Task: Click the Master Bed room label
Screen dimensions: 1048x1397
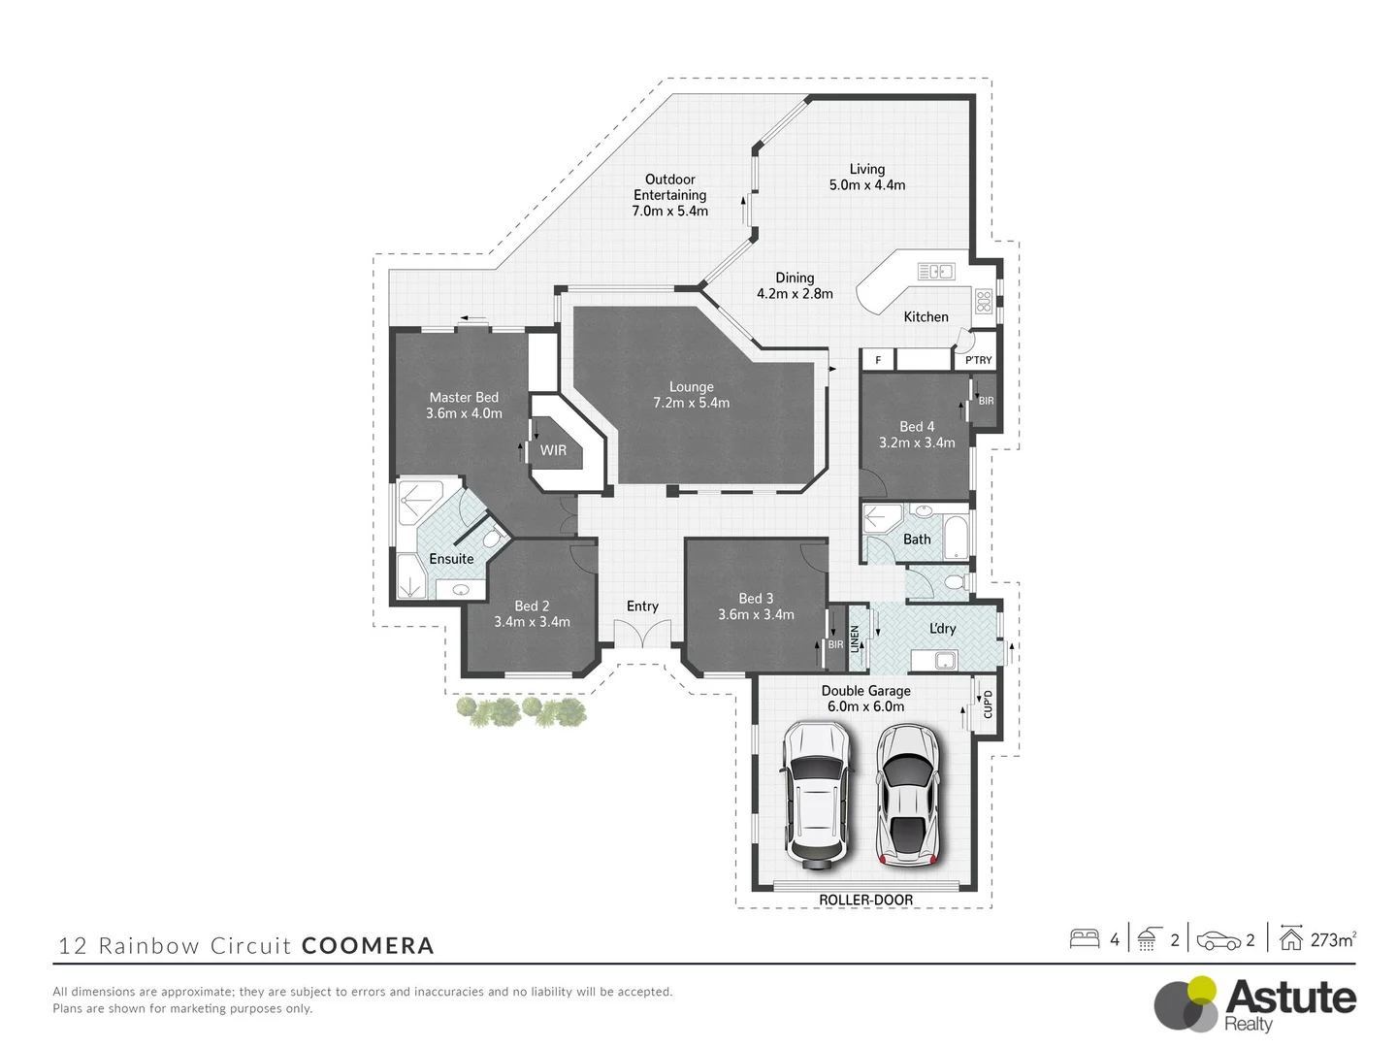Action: pos(464,397)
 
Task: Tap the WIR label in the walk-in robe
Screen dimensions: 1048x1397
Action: pos(553,450)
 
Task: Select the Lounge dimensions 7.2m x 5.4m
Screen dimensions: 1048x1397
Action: pos(691,403)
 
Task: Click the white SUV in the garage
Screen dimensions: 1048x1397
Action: pos(817,792)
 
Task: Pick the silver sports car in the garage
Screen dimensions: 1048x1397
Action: pos(908,792)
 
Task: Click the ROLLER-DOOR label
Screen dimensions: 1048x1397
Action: pos(865,900)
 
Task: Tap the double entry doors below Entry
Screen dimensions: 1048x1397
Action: pos(642,636)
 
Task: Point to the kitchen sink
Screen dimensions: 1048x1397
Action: pos(936,272)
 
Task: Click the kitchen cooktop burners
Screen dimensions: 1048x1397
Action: pos(984,300)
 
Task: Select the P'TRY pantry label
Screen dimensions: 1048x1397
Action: pos(978,360)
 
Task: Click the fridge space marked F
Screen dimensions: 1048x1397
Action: pos(878,360)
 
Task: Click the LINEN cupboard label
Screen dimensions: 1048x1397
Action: pos(855,639)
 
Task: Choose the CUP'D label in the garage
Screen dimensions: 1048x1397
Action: pos(988,704)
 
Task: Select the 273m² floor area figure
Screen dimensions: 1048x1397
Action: pos(1332,939)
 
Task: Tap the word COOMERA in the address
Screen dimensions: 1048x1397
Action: pos(368,945)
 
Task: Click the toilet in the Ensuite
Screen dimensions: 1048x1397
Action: pos(492,538)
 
